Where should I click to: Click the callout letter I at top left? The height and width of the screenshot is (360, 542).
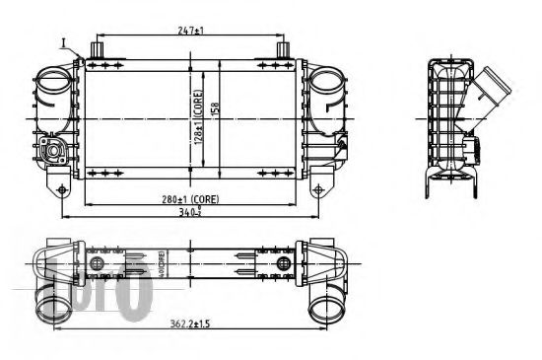coord(61,42)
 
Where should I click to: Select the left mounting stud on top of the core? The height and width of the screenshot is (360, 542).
coord(98,48)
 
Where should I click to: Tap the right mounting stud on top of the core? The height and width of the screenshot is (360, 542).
coord(283,48)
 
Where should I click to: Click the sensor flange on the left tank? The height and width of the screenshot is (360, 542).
coord(50,151)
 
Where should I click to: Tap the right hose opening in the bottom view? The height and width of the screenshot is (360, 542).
coord(326,308)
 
